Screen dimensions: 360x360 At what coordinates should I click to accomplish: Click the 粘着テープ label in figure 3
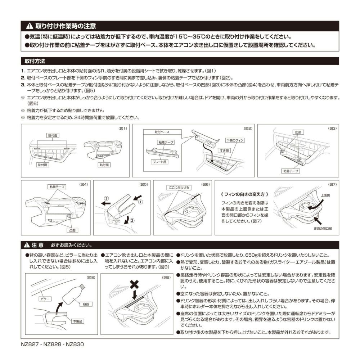(291, 171)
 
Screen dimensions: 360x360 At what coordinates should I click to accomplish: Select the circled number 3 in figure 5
(106, 198)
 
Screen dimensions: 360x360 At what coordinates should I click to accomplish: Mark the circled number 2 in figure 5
(132, 221)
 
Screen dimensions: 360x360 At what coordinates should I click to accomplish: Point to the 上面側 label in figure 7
(326, 195)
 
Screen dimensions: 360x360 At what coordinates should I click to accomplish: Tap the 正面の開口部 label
(322, 229)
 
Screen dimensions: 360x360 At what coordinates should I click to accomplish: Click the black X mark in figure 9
(134, 284)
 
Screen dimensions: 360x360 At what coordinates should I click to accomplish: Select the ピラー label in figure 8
(46, 299)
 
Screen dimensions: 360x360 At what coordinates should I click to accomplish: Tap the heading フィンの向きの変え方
(244, 194)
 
